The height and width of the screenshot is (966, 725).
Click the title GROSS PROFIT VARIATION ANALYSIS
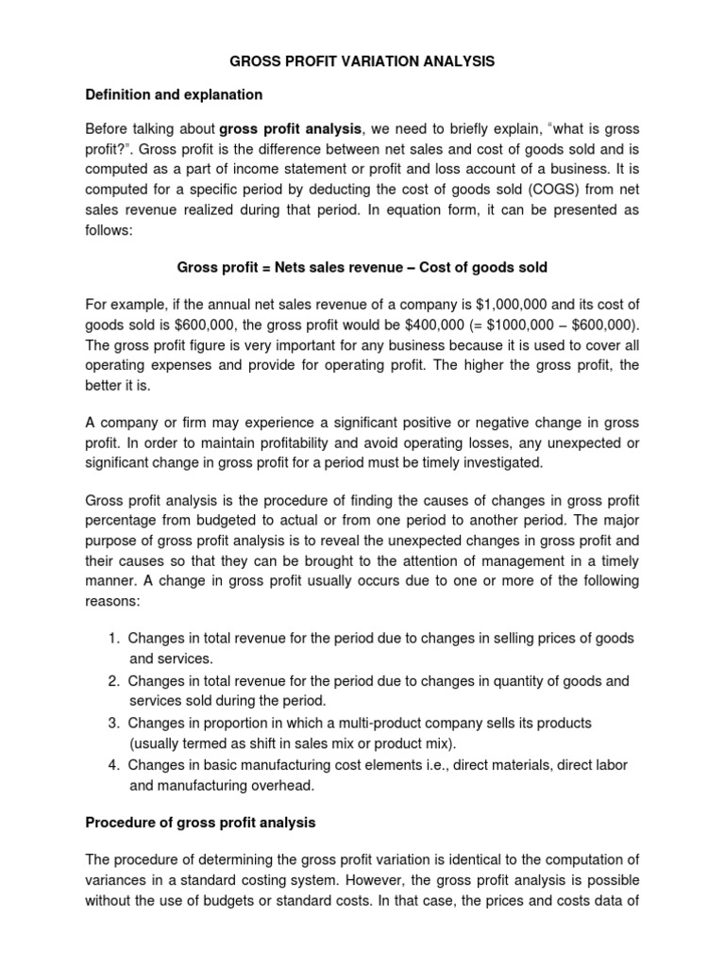coord(362,61)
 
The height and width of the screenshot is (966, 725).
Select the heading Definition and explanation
coord(174,94)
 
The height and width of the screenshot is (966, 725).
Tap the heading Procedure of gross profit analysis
coord(200,823)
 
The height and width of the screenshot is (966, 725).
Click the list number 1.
coord(113,639)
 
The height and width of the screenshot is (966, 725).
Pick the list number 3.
coord(113,723)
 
